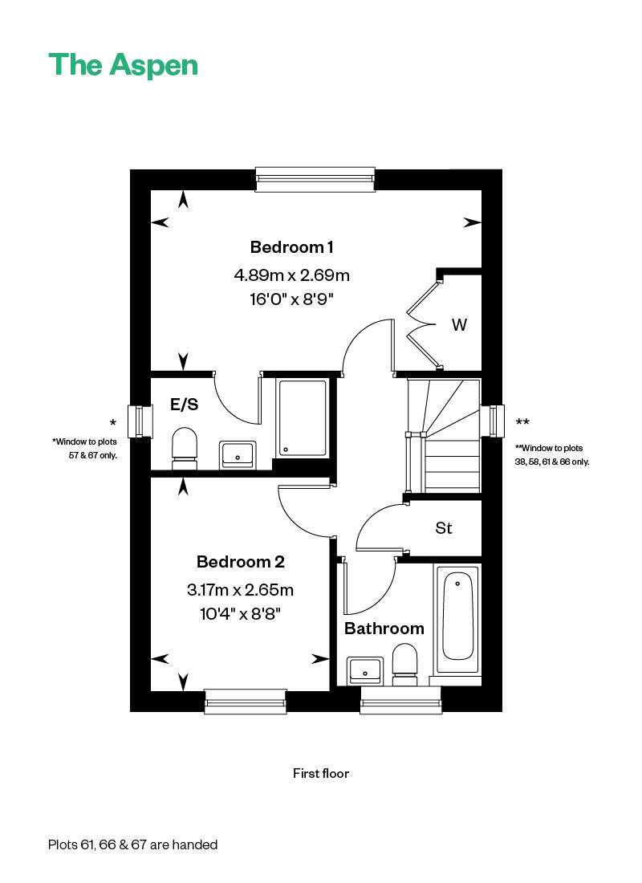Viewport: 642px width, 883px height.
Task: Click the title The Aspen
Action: pos(124,65)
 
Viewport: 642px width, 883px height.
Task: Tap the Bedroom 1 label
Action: pos(292,247)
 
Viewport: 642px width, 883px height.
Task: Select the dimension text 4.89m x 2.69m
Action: pos(292,275)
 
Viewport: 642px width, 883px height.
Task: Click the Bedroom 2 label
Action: pos(241,561)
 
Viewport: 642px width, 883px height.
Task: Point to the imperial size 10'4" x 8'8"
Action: pos(241,613)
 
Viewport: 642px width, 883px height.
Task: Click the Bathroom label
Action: pos(384,629)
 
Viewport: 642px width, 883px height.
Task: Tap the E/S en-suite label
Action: pos(184,405)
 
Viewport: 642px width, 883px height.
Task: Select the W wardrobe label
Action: pos(459,325)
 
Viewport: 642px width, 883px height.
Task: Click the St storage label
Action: pos(443,528)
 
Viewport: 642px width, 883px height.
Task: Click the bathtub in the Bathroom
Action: pos(457,619)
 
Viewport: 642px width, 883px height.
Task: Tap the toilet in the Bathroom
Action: pos(404,665)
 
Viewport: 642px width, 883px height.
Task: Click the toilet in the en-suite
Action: pos(185,448)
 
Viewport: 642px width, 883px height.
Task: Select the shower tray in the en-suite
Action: pos(303,418)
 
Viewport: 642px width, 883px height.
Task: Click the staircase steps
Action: pos(445,437)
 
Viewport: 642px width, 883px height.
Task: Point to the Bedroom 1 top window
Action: pos(315,179)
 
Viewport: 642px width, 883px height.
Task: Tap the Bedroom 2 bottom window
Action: pos(246,702)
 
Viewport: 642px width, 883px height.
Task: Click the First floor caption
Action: pos(321,774)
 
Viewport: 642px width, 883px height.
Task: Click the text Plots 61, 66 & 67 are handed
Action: pos(133,844)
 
